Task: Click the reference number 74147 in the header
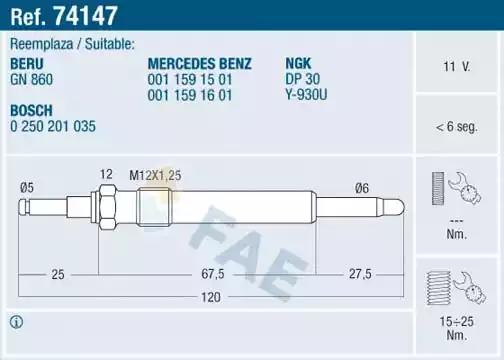click(85, 16)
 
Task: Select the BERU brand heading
click(27, 64)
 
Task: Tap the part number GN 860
click(31, 79)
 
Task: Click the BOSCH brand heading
click(31, 110)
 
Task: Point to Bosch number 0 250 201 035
click(53, 126)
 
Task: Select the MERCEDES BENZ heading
click(200, 63)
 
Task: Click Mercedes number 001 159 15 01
click(190, 79)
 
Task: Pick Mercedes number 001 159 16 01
click(190, 95)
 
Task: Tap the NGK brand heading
click(298, 63)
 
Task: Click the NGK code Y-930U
click(306, 95)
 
